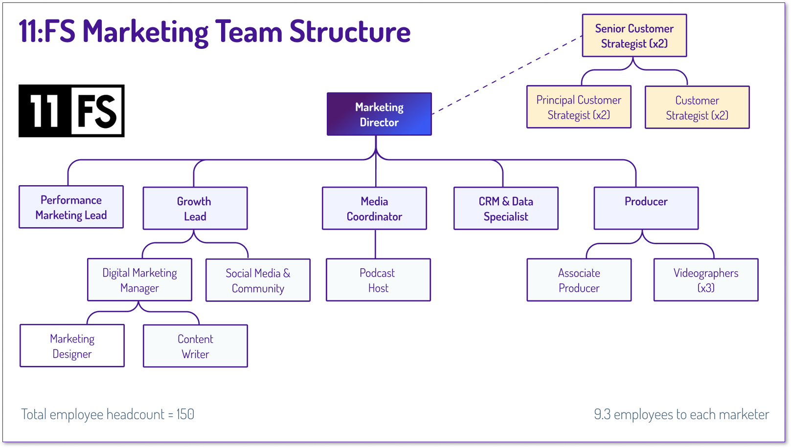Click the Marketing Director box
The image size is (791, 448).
(379, 114)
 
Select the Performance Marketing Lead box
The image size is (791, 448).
(71, 207)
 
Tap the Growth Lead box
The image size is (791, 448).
(195, 209)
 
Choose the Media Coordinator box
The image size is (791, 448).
(374, 209)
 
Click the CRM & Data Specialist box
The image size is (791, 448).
(506, 209)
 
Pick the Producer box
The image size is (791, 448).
(646, 209)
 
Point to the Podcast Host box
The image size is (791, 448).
(378, 280)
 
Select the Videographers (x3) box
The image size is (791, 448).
(705, 280)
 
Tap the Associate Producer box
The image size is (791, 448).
(579, 280)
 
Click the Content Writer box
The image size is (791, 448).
(195, 346)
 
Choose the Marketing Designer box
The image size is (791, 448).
(72, 346)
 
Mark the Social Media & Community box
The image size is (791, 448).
(258, 280)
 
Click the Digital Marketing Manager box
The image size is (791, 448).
(139, 280)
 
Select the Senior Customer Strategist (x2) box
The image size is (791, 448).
(634, 36)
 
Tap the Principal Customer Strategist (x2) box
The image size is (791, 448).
(579, 107)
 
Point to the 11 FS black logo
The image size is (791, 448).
(71, 111)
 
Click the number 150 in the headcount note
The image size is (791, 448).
(185, 414)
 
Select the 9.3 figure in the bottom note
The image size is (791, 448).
(602, 414)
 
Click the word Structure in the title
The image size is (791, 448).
(350, 32)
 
